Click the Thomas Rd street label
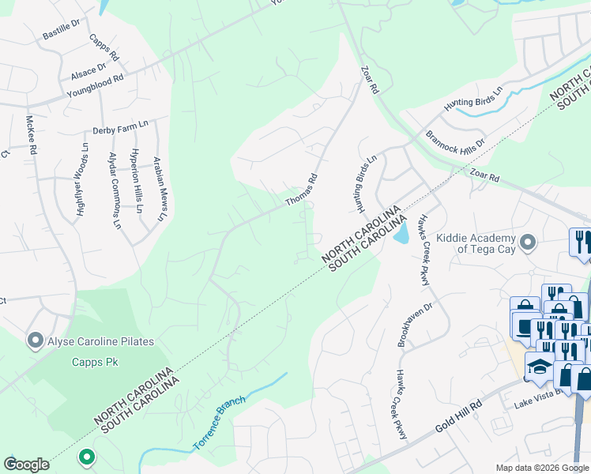click(x=301, y=190)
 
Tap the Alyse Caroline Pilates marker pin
click(x=35, y=341)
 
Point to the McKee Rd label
click(x=32, y=135)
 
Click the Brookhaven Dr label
click(x=416, y=325)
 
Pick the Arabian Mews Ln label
click(x=160, y=187)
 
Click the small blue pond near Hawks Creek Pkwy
click(x=401, y=232)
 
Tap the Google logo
click(x=26, y=464)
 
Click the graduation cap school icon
click(x=540, y=368)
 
